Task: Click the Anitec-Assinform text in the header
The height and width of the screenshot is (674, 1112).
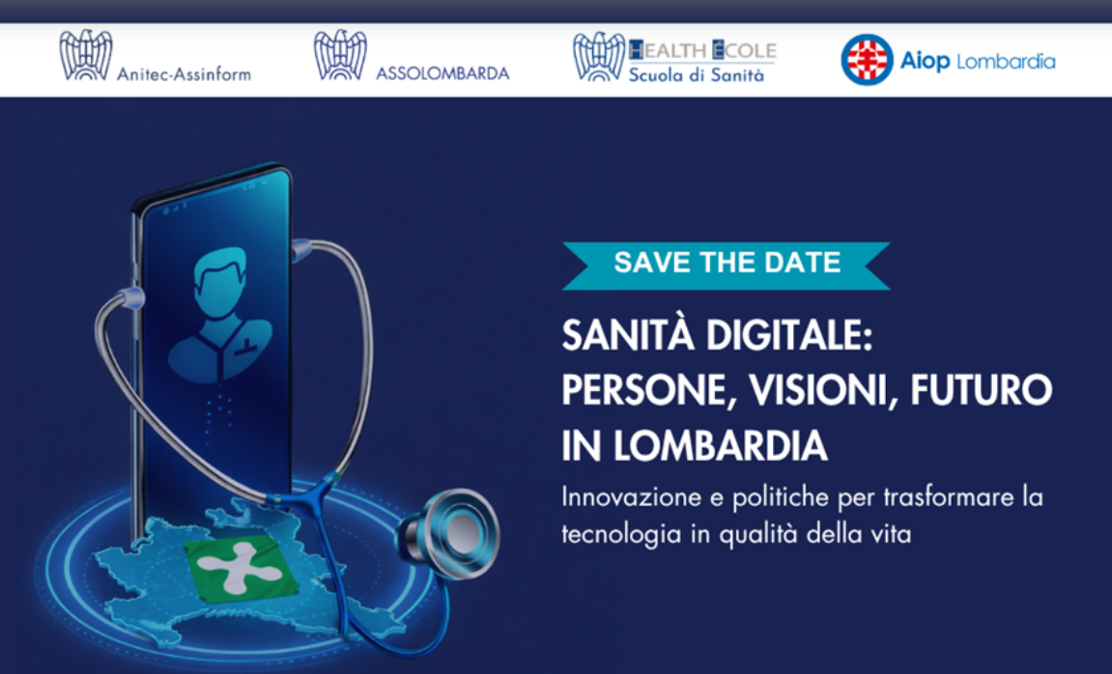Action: pyautogui.click(x=183, y=73)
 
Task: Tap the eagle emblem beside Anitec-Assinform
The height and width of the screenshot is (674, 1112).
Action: pyautogui.click(x=85, y=55)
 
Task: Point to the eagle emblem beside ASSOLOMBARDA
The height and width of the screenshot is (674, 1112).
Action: pyautogui.click(x=340, y=55)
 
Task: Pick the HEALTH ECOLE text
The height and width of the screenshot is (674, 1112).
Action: pyautogui.click(x=702, y=50)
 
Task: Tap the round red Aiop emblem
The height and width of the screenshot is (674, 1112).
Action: pyautogui.click(x=866, y=60)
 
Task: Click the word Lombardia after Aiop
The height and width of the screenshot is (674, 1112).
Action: pyautogui.click(x=1005, y=62)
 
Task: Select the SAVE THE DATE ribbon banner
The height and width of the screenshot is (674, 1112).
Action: pyautogui.click(x=727, y=262)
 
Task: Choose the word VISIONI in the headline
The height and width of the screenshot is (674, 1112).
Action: pyautogui.click(x=822, y=392)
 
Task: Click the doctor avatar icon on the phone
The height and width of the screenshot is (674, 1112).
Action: pyautogui.click(x=221, y=314)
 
